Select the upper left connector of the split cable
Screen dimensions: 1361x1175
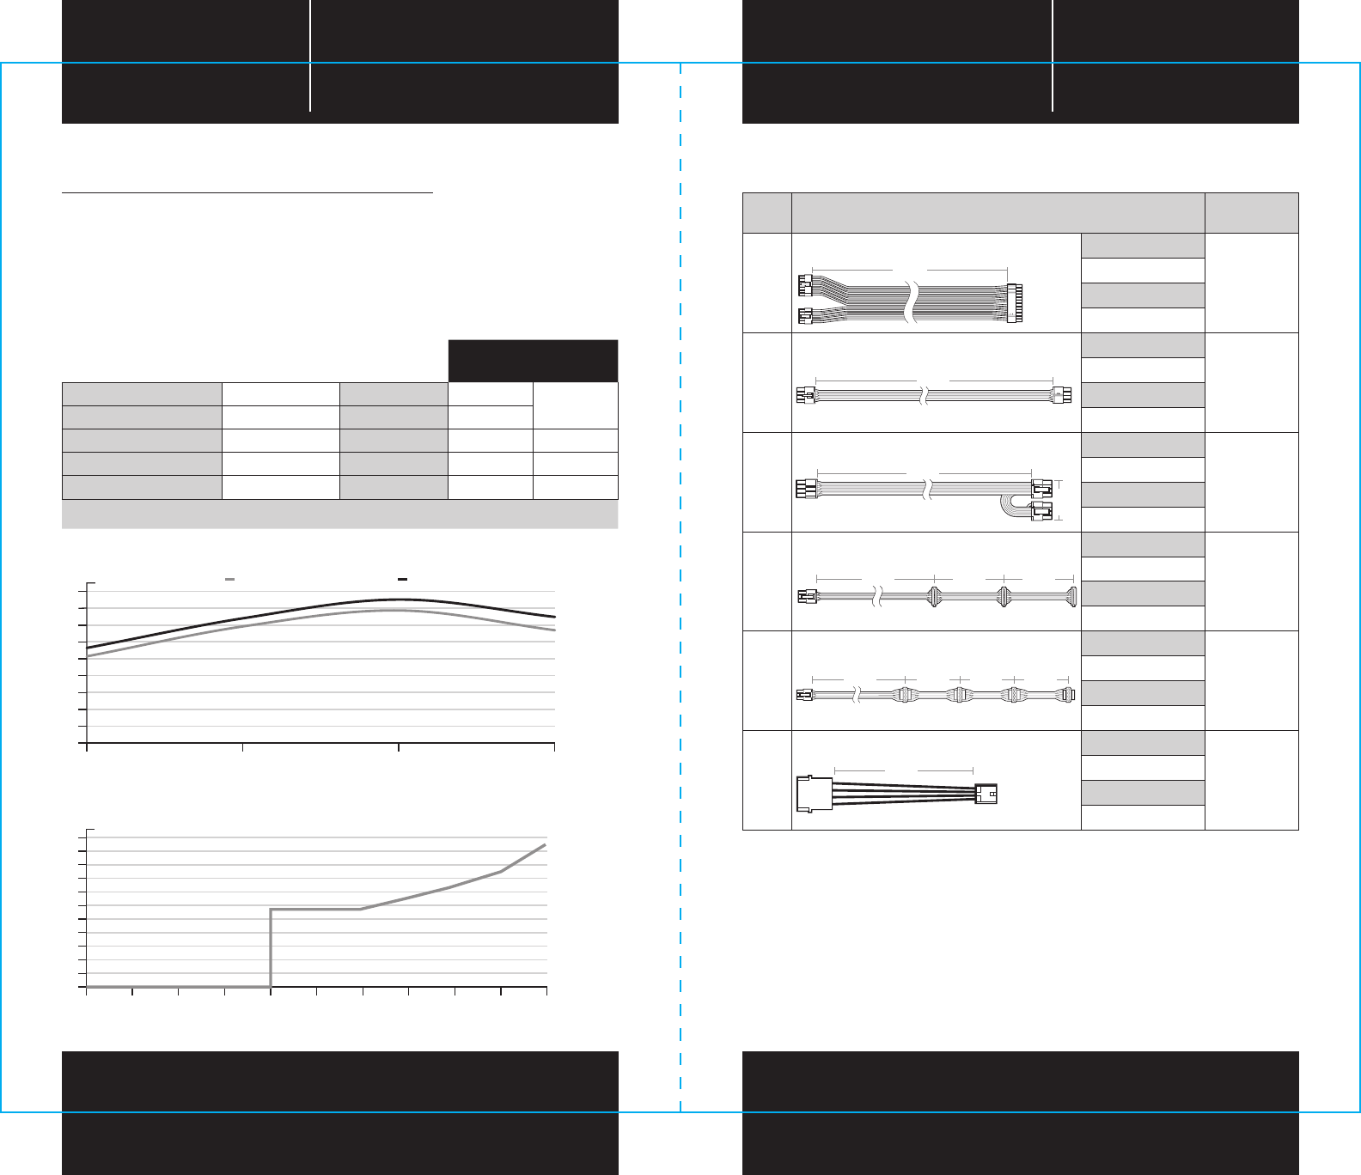(x=805, y=283)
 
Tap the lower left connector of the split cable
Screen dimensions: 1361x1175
(x=805, y=317)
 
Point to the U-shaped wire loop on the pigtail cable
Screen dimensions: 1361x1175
(x=1007, y=506)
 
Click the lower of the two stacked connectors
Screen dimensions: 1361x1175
(x=1041, y=514)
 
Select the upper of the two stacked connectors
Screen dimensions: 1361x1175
(x=1041, y=490)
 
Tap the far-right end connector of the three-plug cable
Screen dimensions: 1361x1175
(x=1070, y=597)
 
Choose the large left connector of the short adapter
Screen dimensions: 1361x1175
(x=815, y=794)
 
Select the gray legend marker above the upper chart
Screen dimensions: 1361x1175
(x=229, y=581)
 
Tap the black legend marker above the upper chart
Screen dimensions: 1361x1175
(x=402, y=581)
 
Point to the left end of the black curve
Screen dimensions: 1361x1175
(x=88, y=648)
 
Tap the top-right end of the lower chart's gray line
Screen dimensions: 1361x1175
(x=545, y=845)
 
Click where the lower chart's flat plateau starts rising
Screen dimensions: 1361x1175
(x=361, y=909)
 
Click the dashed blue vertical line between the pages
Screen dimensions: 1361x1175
(x=680, y=601)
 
